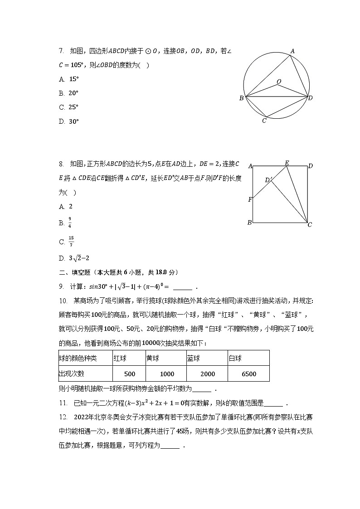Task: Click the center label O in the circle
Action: tap(279, 82)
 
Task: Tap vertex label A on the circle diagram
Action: tap(292, 51)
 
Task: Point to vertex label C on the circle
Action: tap(264, 121)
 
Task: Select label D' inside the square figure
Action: tap(268, 180)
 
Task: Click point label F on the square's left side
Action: tap(250, 199)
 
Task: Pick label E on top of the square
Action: tap(287, 163)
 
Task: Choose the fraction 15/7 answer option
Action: tap(71, 242)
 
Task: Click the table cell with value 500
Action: tap(130, 374)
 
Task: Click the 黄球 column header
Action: tap(153, 358)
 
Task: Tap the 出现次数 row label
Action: tap(72, 374)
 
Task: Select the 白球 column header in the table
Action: tap(235, 358)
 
